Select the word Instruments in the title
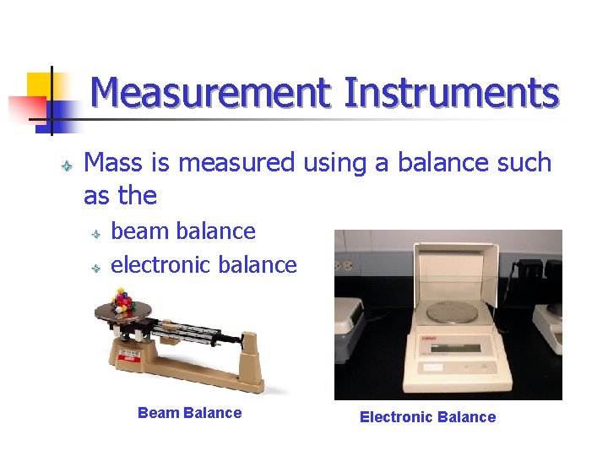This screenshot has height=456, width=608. coord(451,93)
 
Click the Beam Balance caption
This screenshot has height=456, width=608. coord(189,413)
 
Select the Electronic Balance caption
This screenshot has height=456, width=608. coord(427,416)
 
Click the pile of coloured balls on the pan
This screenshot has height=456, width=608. coord(124,301)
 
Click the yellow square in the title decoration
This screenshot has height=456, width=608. coord(41,86)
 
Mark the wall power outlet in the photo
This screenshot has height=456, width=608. coord(345,264)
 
